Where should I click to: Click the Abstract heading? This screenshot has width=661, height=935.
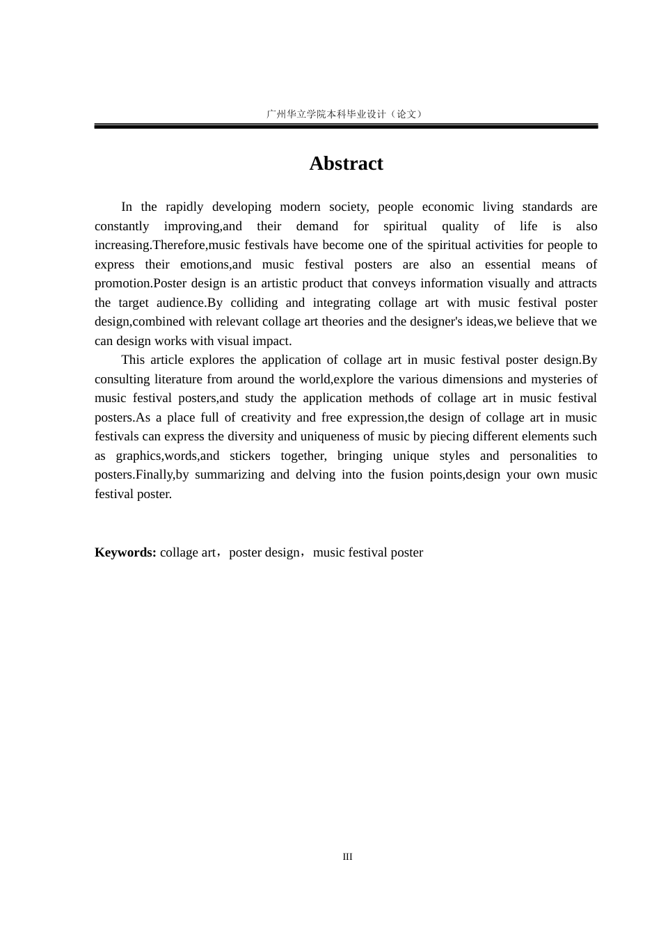coord(346,163)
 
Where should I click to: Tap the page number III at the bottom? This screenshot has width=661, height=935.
coord(347,857)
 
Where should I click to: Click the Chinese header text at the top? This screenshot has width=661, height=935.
coord(345,114)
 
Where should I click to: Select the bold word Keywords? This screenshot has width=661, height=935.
coord(125,552)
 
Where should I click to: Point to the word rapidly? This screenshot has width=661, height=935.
coord(184,207)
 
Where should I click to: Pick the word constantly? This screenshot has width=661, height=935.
coord(122,226)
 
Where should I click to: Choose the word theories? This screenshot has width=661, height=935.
coord(344,321)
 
